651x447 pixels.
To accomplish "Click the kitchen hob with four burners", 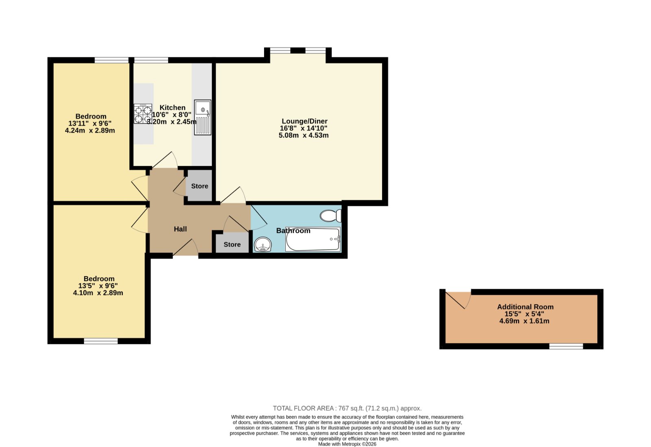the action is pyautogui.click(x=143, y=114).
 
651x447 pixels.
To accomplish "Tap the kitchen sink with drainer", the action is pyautogui.click(x=203, y=117).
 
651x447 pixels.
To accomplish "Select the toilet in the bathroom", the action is pyautogui.click(x=331, y=216).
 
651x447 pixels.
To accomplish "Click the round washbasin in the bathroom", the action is pyautogui.click(x=263, y=244).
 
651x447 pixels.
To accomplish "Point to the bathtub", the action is pyautogui.click(x=313, y=239).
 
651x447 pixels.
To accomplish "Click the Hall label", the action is pyautogui.click(x=180, y=229).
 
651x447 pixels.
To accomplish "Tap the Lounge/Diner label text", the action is pyautogui.click(x=305, y=121).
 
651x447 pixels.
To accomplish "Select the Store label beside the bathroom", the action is pyautogui.click(x=232, y=244).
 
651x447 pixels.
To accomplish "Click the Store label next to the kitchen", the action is pyautogui.click(x=200, y=186).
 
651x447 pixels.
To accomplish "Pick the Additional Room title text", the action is pyautogui.click(x=525, y=307).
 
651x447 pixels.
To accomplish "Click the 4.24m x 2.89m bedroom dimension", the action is pyautogui.click(x=90, y=131).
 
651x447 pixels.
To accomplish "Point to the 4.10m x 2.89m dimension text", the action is pyautogui.click(x=98, y=293).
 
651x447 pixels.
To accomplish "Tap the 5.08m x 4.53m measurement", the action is pyautogui.click(x=304, y=135).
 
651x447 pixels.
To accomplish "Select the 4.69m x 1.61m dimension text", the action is pyautogui.click(x=524, y=321).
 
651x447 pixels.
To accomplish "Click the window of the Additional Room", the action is pyautogui.click(x=566, y=346).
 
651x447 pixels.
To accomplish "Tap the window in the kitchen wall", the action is pyautogui.click(x=151, y=60).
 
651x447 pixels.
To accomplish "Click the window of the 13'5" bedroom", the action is pyautogui.click(x=101, y=341).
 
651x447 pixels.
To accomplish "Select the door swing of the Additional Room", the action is pyautogui.click(x=458, y=300).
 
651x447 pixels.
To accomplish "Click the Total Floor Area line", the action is pyautogui.click(x=347, y=408).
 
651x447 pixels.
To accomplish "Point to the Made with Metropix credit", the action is pyautogui.click(x=347, y=444).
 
